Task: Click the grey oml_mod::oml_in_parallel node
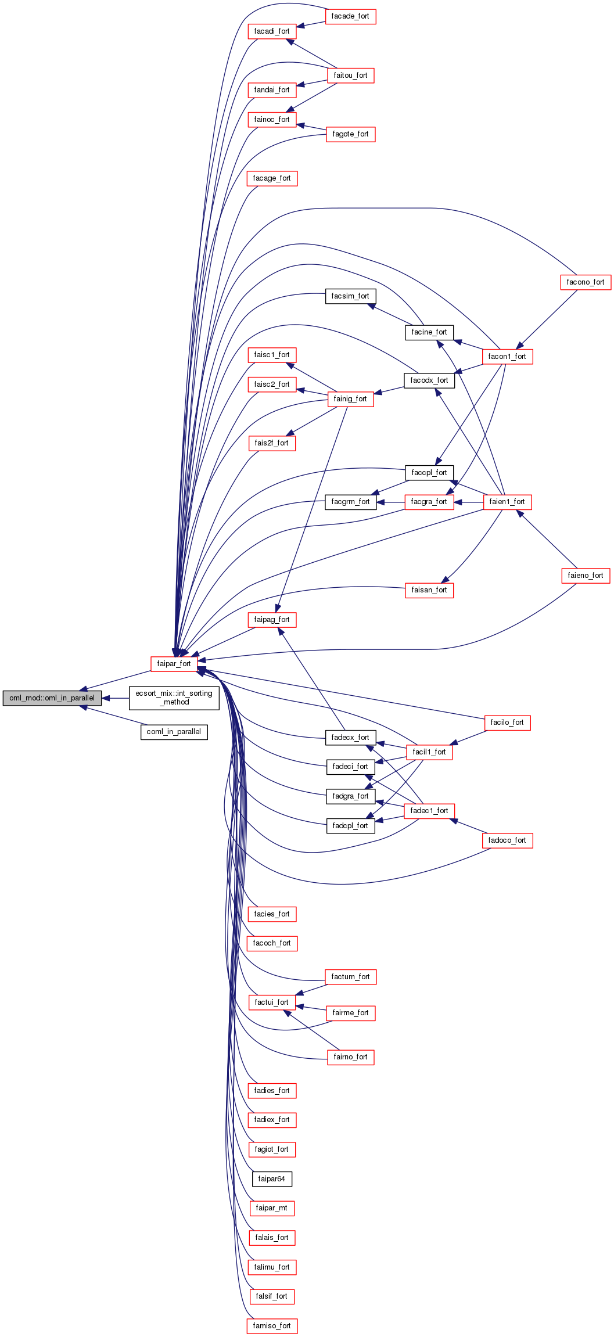(52, 698)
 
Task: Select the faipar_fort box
(174, 664)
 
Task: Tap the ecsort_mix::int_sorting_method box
(174, 698)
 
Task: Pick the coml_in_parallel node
(174, 732)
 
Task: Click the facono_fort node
(585, 282)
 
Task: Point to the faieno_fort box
(585, 576)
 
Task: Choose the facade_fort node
(350, 16)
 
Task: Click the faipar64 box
(271, 1179)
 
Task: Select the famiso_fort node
(271, 1326)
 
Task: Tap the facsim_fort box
(350, 296)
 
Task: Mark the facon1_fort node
(507, 357)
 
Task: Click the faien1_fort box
(507, 502)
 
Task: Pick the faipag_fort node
(271, 620)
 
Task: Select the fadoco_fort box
(507, 840)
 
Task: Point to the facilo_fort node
(507, 723)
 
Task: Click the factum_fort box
(350, 977)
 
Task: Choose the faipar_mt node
(271, 1208)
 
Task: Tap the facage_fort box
(271, 178)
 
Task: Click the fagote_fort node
(350, 134)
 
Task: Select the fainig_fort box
(350, 399)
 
